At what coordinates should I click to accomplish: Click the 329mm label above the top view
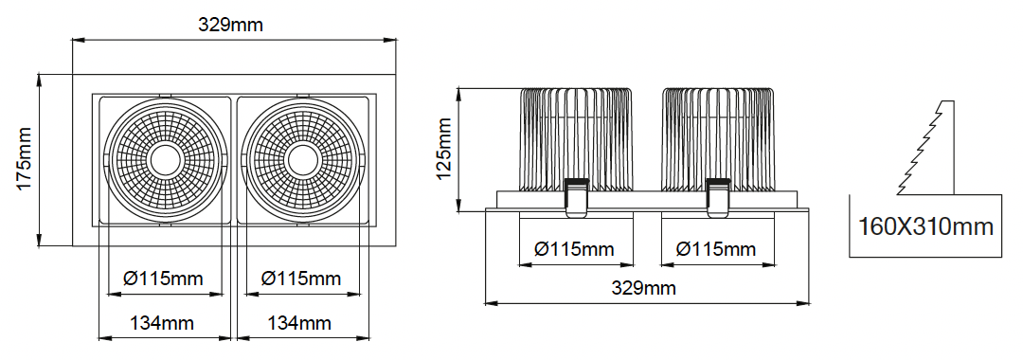230,25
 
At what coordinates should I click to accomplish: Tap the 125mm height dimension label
443,150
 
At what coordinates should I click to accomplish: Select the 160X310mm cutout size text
925,227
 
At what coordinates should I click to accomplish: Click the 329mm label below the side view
643,288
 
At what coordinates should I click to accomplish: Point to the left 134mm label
162,323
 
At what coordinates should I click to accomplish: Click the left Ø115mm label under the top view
163,279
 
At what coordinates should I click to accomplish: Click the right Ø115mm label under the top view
301,279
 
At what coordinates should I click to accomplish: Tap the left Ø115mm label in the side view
574,249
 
